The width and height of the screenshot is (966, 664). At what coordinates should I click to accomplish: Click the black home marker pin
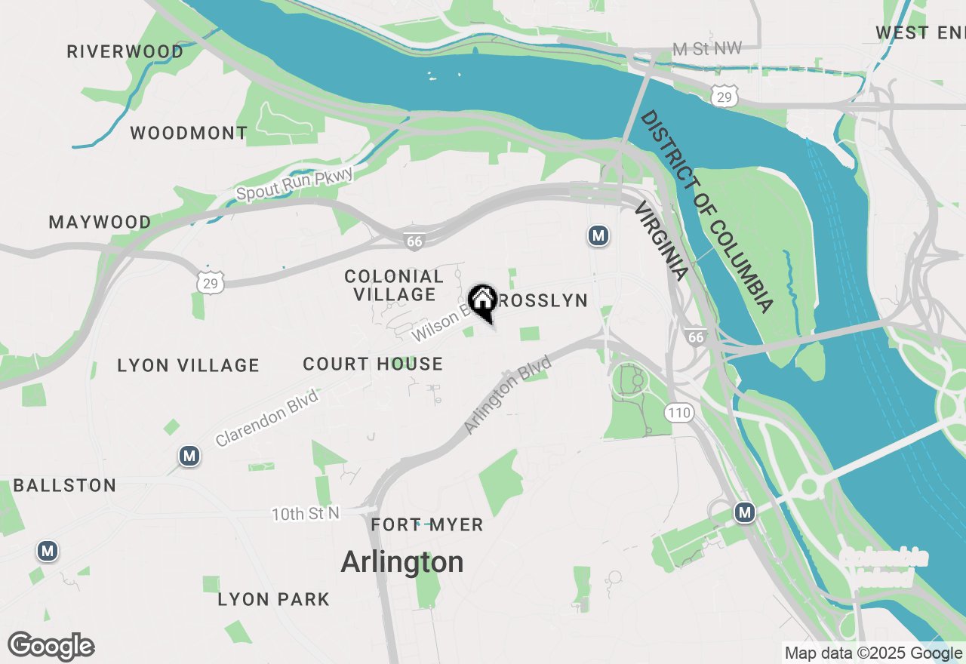point(483,302)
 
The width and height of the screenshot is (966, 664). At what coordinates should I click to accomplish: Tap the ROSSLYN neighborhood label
point(543,300)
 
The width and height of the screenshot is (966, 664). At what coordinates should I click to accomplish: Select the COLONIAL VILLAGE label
point(394,285)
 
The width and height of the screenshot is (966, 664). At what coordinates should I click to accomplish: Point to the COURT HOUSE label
point(373,364)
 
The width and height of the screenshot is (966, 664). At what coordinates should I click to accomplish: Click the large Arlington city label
point(402,562)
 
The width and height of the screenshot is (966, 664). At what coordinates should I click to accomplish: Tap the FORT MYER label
point(427,524)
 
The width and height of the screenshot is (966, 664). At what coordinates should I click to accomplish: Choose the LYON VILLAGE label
point(189,365)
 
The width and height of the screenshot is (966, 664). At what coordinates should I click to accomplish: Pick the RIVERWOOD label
point(125,51)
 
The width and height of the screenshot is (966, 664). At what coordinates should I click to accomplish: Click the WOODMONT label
point(189,133)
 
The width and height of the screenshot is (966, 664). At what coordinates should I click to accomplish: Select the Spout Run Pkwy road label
point(294,184)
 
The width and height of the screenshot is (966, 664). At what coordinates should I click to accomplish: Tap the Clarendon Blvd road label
point(266,417)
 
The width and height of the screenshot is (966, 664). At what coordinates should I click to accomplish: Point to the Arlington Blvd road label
point(507,395)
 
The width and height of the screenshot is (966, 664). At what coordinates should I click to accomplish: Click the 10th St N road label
point(306,514)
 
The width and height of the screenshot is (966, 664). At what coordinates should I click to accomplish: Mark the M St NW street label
point(707,49)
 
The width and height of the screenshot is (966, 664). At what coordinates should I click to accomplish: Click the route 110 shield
point(679,412)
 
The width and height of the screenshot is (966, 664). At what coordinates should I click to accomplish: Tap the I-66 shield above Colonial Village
point(414,241)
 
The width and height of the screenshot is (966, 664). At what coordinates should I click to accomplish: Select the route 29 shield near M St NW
point(724,96)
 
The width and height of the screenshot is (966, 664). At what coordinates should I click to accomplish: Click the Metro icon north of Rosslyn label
point(598,236)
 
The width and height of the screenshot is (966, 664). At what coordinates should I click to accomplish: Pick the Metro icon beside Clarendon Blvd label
point(189,456)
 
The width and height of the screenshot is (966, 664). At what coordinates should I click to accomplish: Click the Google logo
point(51,647)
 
